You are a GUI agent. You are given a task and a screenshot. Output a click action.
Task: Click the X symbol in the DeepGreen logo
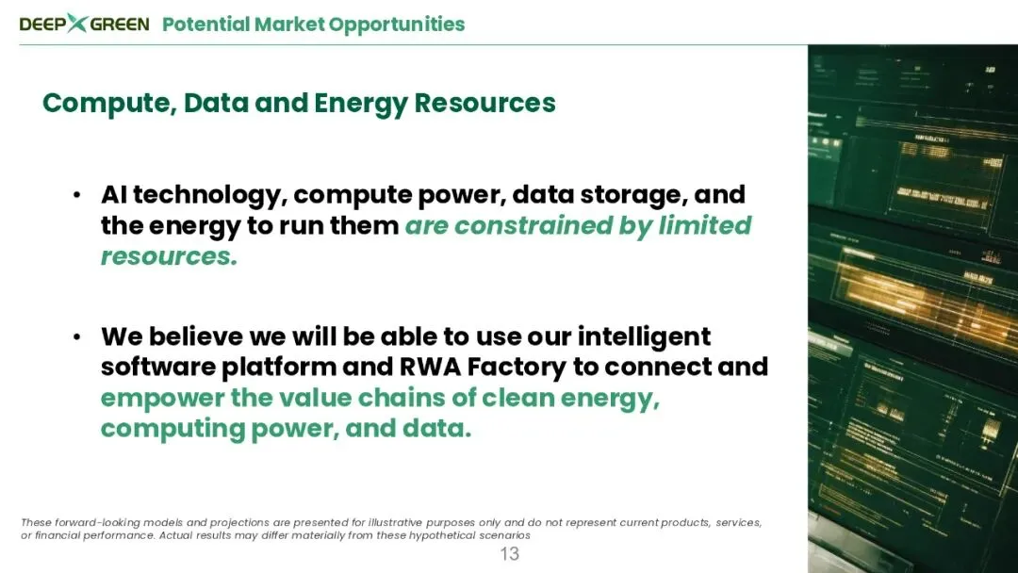77,23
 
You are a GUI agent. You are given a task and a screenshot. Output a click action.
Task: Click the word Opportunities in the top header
397,25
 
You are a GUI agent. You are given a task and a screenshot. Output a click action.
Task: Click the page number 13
510,554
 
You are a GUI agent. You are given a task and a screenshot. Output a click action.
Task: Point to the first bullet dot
77,195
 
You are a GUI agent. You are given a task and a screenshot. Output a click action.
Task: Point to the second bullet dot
77,336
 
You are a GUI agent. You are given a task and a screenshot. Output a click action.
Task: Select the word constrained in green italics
533,226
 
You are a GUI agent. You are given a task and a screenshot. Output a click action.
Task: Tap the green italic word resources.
169,257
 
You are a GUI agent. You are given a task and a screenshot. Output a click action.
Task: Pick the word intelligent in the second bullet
644,337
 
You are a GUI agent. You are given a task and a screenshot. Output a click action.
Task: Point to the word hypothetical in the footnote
441,535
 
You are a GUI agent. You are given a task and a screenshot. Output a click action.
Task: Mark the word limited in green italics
704,226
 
